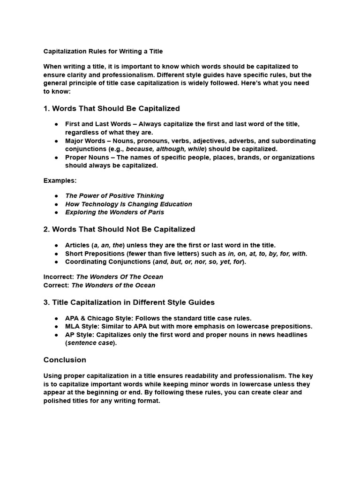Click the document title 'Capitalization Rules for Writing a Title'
[x=103, y=51]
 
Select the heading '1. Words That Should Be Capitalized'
[x=112, y=108]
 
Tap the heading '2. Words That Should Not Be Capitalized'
[x=119, y=229]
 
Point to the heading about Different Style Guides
[x=129, y=302]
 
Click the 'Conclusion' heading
[x=65, y=360]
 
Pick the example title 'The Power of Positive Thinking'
[x=114, y=195]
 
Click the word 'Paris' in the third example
[x=155, y=212]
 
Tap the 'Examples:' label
[x=60, y=180]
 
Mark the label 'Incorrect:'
[x=59, y=277]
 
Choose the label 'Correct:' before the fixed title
[x=56, y=285]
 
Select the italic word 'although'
[x=175, y=149]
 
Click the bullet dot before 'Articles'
[x=56, y=245]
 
